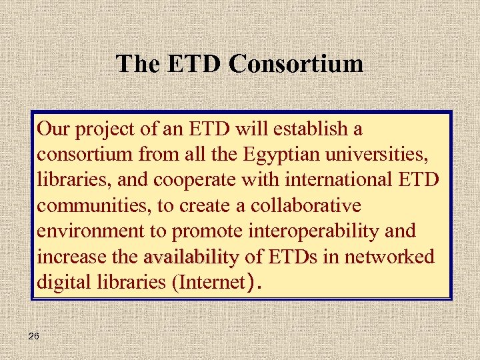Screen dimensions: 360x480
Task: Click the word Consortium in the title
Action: coord(297,64)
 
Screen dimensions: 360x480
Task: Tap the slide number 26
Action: coord(34,337)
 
